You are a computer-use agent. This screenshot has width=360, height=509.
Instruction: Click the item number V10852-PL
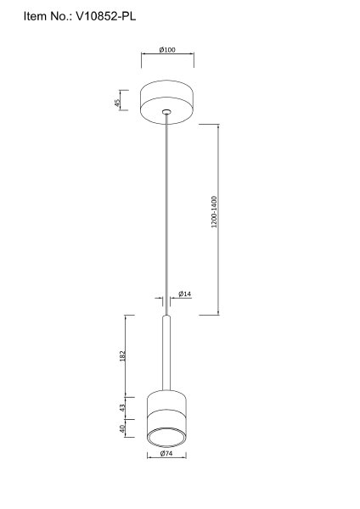point(106,16)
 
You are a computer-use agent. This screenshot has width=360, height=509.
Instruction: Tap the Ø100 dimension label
point(167,50)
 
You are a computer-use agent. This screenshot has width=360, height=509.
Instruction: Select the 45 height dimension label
point(117,103)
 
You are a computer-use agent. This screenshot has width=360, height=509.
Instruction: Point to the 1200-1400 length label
point(214,212)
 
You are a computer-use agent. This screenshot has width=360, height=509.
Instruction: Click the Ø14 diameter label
point(185,294)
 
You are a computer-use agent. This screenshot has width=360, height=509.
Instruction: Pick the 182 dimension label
point(122,356)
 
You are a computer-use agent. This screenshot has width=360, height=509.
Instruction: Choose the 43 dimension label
point(122,408)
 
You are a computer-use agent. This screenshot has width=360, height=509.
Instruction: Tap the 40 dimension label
point(122,428)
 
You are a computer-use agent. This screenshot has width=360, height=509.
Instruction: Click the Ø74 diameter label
point(166,454)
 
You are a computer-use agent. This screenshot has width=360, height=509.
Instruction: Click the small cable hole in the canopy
point(166,112)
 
